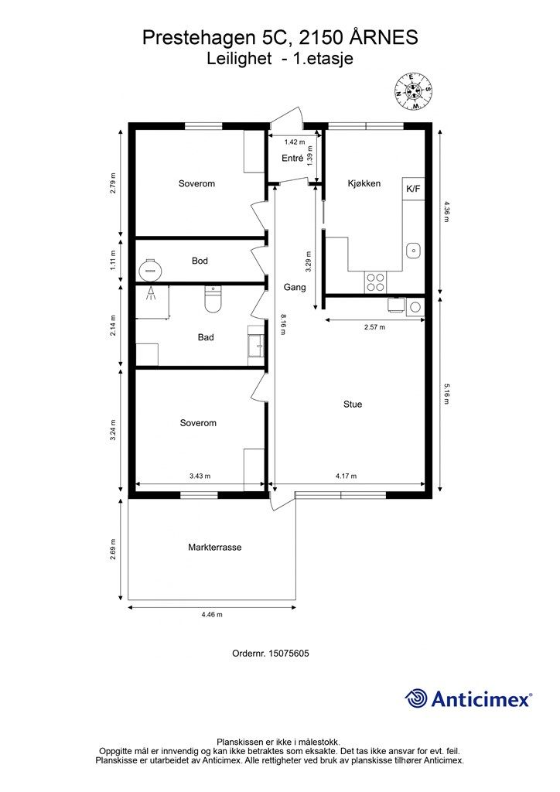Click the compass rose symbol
click(412, 90)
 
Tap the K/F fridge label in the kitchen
click(413, 189)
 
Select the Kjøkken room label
click(364, 183)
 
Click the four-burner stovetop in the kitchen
click(376, 282)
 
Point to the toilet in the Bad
click(213, 299)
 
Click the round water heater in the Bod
click(150, 268)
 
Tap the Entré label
click(292, 159)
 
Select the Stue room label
click(353, 404)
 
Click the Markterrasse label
click(214, 547)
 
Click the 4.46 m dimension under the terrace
click(211, 615)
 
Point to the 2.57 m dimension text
click(374, 327)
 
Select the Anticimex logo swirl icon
click(416, 698)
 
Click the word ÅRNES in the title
click(383, 37)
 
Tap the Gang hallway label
click(295, 287)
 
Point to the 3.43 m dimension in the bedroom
click(200, 476)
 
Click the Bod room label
click(200, 261)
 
